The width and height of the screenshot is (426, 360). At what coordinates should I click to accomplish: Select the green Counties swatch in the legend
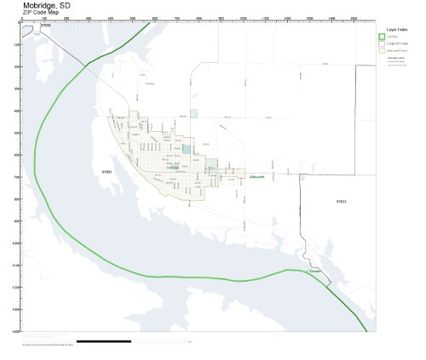(x=382, y=36)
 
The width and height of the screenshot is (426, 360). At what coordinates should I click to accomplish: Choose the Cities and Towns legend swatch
(x=382, y=50)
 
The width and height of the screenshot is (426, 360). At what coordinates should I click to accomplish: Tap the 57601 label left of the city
(x=106, y=172)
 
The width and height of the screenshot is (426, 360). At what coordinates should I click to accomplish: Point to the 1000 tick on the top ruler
(x=243, y=19)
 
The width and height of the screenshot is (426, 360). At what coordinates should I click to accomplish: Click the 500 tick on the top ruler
(x=132, y=19)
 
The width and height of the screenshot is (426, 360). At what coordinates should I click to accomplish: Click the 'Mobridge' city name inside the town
(x=173, y=168)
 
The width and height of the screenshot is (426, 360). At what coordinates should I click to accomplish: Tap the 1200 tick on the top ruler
(x=287, y=19)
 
